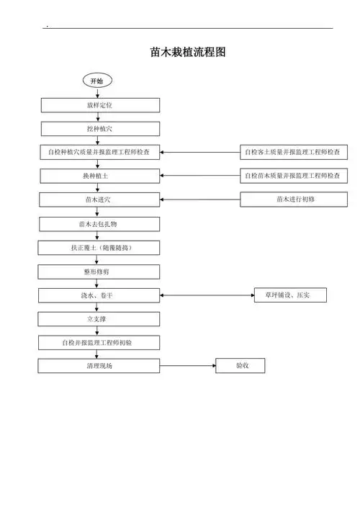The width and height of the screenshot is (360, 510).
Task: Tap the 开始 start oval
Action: click(x=96, y=81)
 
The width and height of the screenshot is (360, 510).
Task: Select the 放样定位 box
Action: click(x=99, y=105)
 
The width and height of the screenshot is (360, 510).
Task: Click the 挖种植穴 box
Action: click(x=99, y=129)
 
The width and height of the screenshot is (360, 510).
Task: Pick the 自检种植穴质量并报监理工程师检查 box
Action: click(x=99, y=153)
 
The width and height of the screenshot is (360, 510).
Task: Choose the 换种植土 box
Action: click(x=99, y=176)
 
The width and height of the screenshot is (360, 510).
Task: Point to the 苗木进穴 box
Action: click(x=99, y=200)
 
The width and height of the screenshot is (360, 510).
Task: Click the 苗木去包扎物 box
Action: click(x=99, y=224)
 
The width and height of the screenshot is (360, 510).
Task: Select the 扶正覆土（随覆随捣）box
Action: click(x=99, y=248)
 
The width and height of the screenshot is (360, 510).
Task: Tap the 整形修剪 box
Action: click(x=99, y=272)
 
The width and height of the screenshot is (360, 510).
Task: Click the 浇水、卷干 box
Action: click(x=99, y=295)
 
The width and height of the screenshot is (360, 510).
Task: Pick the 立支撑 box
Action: click(x=99, y=318)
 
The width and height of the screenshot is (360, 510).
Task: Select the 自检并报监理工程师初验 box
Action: click(x=99, y=342)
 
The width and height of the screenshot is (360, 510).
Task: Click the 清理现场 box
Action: click(x=99, y=366)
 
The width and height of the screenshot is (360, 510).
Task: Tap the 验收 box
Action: click(x=241, y=366)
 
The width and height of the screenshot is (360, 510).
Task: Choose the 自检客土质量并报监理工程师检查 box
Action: click(x=294, y=153)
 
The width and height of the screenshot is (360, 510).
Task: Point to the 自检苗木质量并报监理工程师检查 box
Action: click(x=294, y=176)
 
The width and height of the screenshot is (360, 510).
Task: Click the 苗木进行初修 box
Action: click(x=294, y=200)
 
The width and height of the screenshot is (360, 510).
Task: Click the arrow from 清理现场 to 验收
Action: click(x=187, y=366)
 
